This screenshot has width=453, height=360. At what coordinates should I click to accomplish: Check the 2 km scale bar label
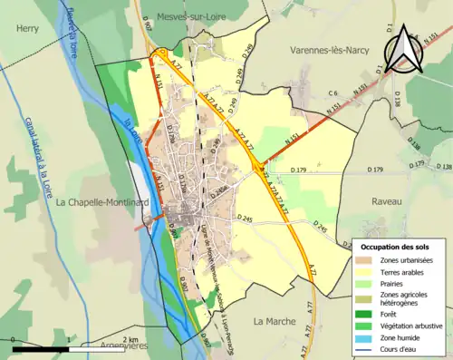[x=130, y=339]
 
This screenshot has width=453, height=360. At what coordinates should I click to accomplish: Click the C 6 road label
[x=333, y=92]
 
